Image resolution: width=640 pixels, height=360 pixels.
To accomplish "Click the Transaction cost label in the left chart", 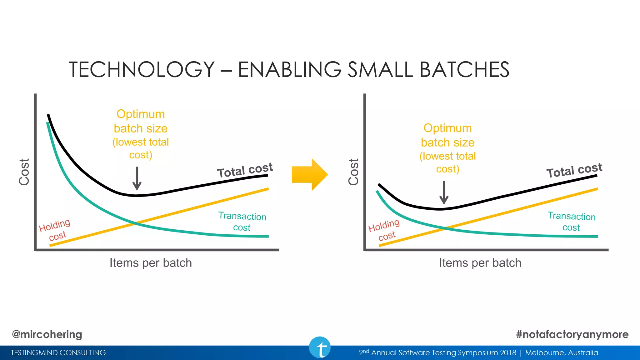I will click(242, 222).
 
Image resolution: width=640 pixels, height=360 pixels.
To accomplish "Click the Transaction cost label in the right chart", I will click(572, 222).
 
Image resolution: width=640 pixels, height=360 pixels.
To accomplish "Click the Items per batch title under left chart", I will click(151, 263).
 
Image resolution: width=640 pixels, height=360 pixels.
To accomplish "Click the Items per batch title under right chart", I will click(480, 263).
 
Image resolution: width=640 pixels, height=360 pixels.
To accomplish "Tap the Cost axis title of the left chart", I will click(24, 172).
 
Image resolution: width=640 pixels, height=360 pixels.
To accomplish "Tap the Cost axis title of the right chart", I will click(354, 172).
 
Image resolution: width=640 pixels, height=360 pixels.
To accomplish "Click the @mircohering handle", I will click(47, 334).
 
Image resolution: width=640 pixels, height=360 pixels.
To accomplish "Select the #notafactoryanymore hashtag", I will click(572, 334).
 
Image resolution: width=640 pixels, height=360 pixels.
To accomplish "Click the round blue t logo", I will click(320, 347).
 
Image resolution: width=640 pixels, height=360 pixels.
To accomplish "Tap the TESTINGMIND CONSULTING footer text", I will click(58, 353).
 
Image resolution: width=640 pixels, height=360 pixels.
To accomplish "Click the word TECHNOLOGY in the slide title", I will click(142, 69).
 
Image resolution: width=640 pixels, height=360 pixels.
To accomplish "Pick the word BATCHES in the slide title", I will click(464, 69).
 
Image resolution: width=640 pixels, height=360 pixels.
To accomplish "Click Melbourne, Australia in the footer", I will click(562, 353).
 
